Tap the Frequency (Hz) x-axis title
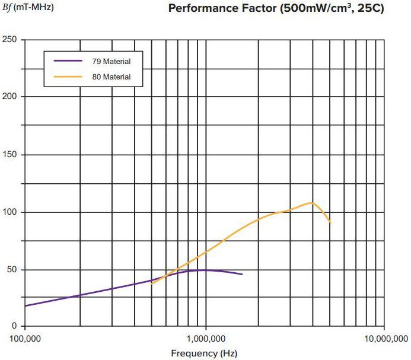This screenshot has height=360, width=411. (x=205, y=353)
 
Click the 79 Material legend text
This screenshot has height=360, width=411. (x=111, y=61)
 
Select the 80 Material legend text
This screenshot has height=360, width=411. (x=111, y=77)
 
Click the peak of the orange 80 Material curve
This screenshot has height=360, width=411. (x=311, y=203)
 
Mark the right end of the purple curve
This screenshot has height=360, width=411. (x=242, y=274)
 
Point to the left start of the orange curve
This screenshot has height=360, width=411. (x=152, y=283)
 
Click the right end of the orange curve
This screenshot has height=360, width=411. (x=330, y=223)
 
